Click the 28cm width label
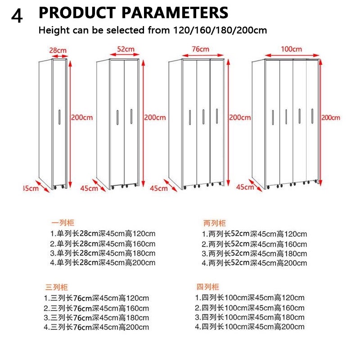[x=58, y=50]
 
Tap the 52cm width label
[x=126, y=49]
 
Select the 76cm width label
[x=201, y=49]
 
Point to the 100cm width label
[x=291, y=49]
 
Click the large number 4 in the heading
[x=17, y=16]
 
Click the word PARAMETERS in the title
[x=175, y=13]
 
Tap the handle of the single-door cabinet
[x=59, y=117]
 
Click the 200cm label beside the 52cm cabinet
[x=155, y=117]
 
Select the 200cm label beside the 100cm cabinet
[x=331, y=117]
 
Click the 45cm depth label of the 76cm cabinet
[x=159, y=188]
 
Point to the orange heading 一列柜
[x=63, y=223]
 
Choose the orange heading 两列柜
[x=215, y=223]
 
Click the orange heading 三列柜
[x=57, y=287]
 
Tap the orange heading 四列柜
[x=207, y=287]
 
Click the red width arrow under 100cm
[x=292, y=55]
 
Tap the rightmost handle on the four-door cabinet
[x=312, y=116]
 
